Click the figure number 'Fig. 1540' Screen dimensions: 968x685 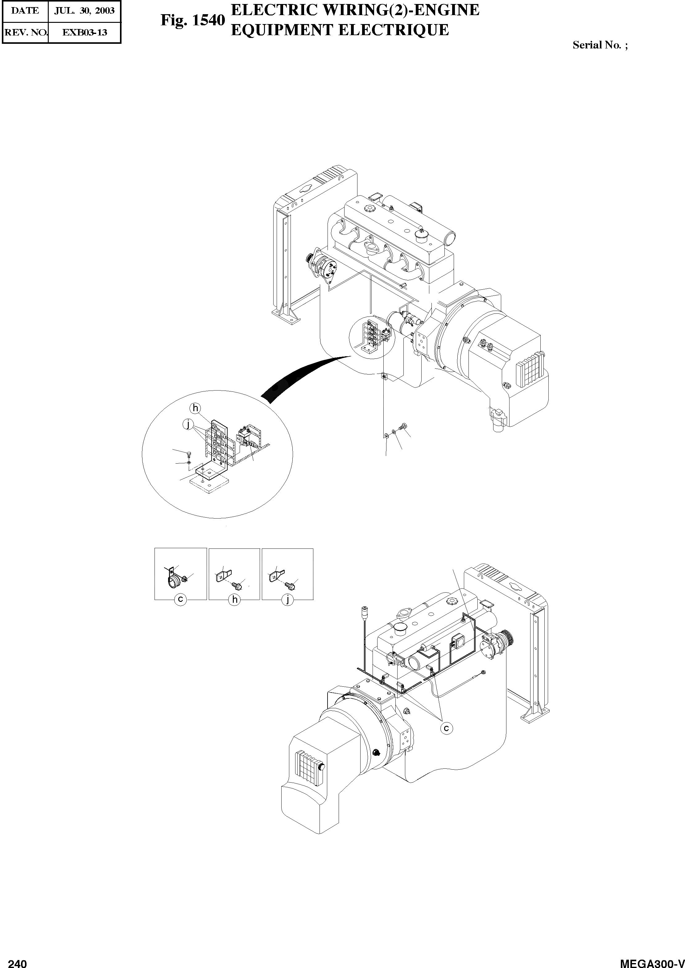click(x=192, y=20)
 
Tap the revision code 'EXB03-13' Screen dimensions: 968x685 click(x=85, y=32)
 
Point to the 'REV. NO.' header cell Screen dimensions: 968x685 click(x=25, y=32)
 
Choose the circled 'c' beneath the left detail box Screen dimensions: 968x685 click(x=180, y=599)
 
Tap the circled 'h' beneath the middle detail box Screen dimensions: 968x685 click(x=234, y=599)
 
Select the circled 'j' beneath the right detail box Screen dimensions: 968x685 click(x=287, y=599)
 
